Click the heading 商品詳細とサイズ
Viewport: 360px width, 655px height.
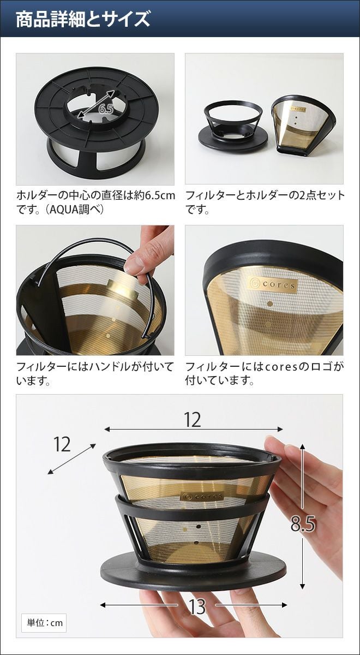(x=83, y=20)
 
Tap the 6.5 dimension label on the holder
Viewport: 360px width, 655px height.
(x=106, y=109)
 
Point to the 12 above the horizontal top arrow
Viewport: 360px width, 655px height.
(x=193, y=420)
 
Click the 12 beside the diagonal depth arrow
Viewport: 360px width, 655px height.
(x=62, y=444)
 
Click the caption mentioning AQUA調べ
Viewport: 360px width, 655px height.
(x=95, y=203)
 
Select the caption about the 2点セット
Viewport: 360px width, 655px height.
(x=265, y=203)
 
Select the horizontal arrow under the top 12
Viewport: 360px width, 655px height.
(x=194, y=429)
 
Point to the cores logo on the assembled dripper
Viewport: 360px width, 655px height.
(x=202, y=496)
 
